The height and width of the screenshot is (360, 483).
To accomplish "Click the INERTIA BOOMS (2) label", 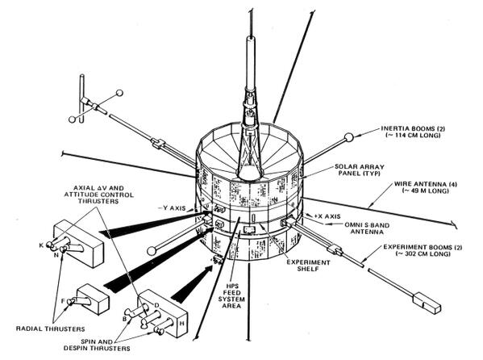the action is [x=413, y=132].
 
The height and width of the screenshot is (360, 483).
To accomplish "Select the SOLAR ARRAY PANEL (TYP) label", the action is [x=359, y=170].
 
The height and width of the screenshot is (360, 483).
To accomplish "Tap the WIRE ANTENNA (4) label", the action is [x=426, y=187].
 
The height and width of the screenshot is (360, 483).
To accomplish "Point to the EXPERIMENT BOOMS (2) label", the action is [x=423, y=250].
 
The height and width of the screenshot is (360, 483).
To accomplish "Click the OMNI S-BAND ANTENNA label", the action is [x=367, y=228].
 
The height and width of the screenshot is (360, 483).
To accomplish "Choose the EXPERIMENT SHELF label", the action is [x=308, y=266].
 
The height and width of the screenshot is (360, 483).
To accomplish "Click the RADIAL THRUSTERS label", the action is [x=50, y=329].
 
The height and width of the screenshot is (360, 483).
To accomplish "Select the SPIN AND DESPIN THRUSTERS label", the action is [x=97, y=345].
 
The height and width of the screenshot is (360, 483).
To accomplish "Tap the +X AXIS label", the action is [x=327, y=216].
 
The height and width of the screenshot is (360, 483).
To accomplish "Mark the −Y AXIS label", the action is [x=172, y=208].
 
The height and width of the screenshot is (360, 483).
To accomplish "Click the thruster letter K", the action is [x=41, y=245].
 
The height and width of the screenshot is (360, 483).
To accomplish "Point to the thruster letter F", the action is [x=63, y=301].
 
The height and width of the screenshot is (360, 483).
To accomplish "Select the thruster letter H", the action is [x=181, y=324].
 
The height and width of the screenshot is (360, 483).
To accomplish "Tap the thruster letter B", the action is [x=125, y=319].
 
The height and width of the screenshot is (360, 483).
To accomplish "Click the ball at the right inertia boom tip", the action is [x=348, y=137].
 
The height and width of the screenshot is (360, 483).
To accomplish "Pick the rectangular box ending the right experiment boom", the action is [x=427, y=303].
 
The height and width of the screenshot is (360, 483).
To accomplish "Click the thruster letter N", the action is [x=56, y=255].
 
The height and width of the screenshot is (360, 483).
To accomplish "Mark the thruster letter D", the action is [x=156, y=305].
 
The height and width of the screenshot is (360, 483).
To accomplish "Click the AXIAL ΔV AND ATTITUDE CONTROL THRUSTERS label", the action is [x=99, y=195].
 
